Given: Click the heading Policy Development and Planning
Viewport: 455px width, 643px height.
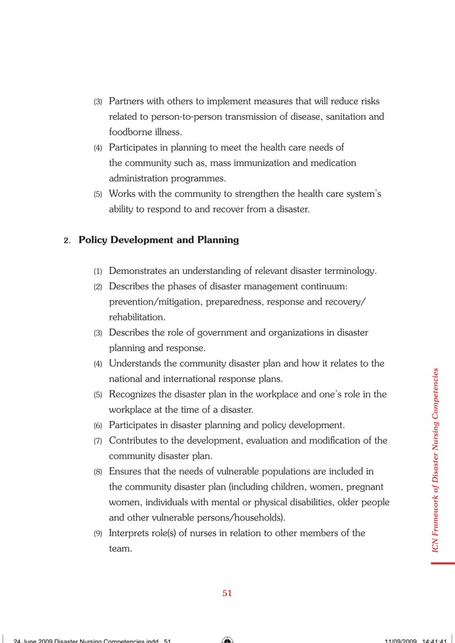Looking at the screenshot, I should [158, 240].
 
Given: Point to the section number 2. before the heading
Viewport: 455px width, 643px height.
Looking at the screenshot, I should [67, 241].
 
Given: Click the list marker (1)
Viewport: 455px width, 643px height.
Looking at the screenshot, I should [98, 271].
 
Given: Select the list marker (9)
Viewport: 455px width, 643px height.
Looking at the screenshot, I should [98, 534].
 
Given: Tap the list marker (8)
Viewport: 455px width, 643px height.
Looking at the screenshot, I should [98, 472].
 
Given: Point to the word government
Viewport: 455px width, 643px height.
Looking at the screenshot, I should [209, 333].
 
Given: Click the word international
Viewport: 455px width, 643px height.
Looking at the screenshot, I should [191, 378].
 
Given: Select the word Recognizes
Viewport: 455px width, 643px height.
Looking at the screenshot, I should [136, 394].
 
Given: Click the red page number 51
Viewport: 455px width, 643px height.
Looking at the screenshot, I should [227, 592].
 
